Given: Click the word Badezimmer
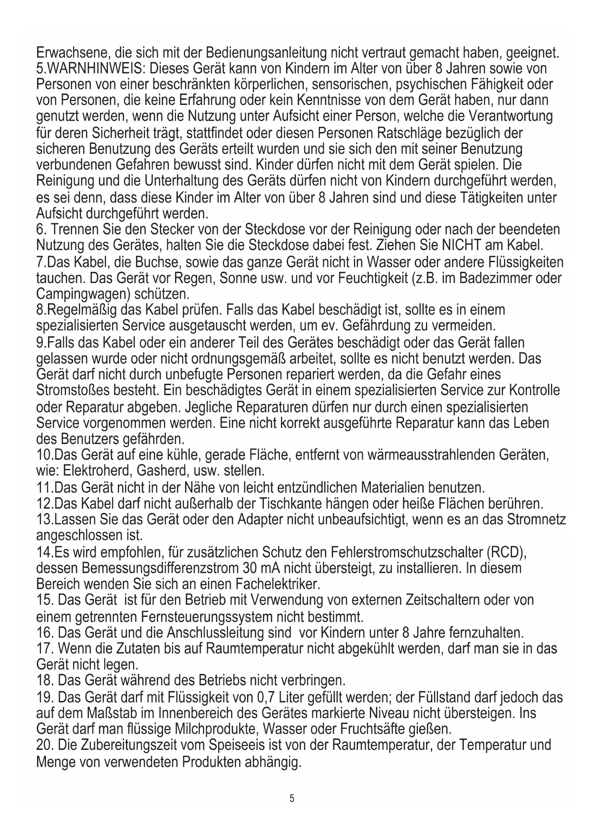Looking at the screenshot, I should pos(489,278).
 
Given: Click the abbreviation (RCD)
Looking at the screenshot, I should pos(507,552).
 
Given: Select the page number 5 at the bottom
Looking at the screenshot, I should pos(292,798).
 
